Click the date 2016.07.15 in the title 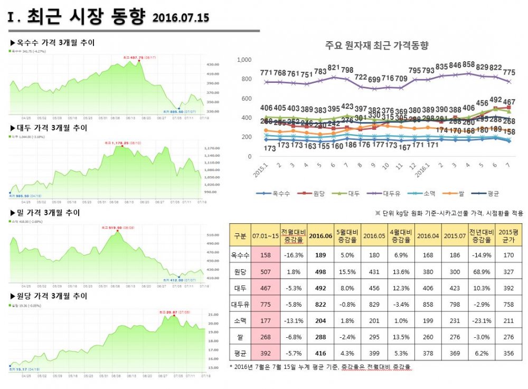181,18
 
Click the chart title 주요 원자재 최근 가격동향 376,45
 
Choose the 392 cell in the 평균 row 265,354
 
